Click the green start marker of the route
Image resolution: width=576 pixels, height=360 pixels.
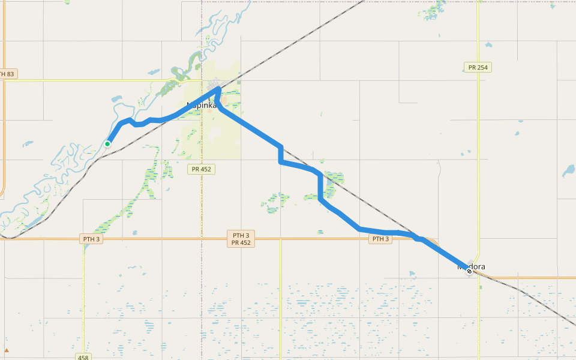[107, 144]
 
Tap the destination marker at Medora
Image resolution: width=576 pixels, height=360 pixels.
[469, 271]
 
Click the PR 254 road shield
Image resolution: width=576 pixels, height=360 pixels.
[478, 67]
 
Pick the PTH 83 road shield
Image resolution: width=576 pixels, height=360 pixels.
[7, 74]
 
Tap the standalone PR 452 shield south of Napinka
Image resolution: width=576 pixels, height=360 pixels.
[200, 169]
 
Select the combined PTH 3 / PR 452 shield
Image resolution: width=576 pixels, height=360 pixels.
[241, 239]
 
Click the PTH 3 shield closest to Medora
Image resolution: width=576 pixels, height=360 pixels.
[380, 239]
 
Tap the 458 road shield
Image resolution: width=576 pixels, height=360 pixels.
[83, 357]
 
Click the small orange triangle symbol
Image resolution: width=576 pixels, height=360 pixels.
[7, 350]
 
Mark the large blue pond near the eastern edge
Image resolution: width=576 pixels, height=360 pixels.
[568, 172]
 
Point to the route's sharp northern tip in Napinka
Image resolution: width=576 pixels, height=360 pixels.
[218, 89]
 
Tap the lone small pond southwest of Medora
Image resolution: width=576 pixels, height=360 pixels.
[412, 274]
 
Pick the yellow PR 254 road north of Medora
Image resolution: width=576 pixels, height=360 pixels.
[478, 150]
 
